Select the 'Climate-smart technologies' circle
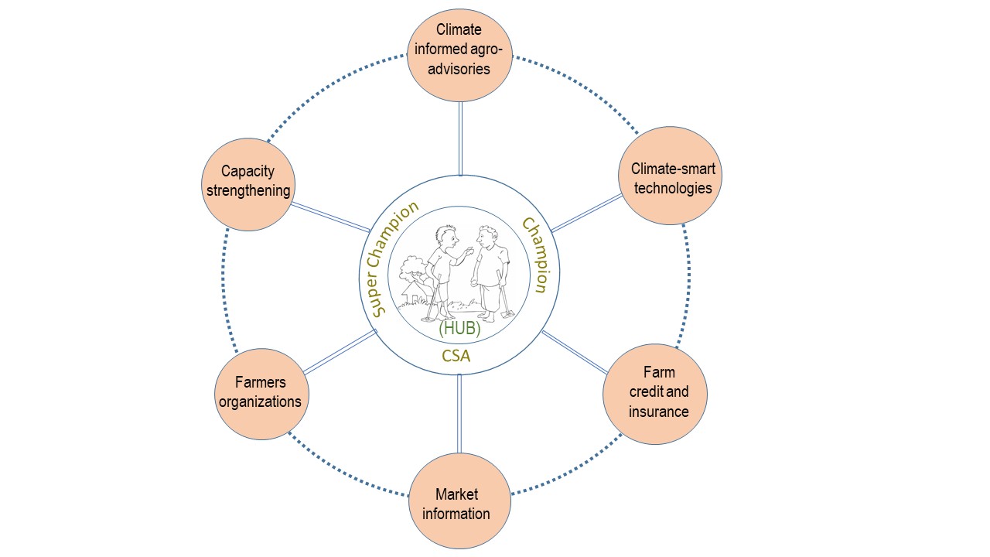(x=670, y=176)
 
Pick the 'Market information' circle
(x=459, y=503)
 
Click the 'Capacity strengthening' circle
(x=248, y=183)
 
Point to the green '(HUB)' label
(x=459, y=328)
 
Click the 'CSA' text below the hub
(x=456, y=356)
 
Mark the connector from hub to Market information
(x=459, y=414)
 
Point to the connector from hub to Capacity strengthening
(x=331, y=218)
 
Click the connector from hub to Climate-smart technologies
(x=585, y=212)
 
